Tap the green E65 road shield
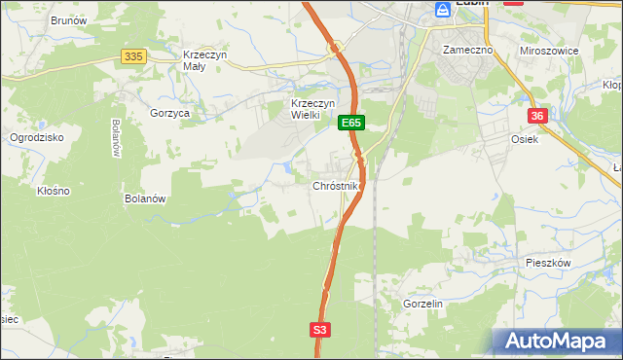coord(351,124)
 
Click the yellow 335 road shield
coord(134,57)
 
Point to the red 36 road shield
coord(538,116)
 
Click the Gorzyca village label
coord(169,113)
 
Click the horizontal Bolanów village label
coord(147,198)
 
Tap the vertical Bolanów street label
coord(116,137)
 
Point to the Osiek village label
coord(525,138)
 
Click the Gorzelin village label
coord(422,304)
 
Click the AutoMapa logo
coord(557,342)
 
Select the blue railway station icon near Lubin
coord(443,9)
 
